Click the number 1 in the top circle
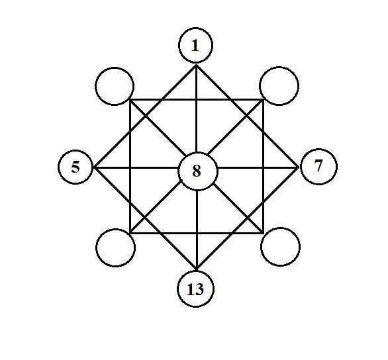pyautogui.click(x=195, y=46)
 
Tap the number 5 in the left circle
pyautogui.click(x=75, y=167)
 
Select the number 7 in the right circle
pyautogui.click(x=318, y=165)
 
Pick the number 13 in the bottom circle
pyautogui.click(x=195, y=289)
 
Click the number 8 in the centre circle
pyautogui.click(x=197, y=171)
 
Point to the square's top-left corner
pyautogui.click(x=130, y=100)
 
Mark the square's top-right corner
pyautogui.click(x=264, y=100)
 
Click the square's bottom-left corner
pyautogui.click(x=130, y=233)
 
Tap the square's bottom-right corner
pyautogui.click(x=264, y=233)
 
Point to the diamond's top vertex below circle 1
pyautogui.click(x=196, y=65)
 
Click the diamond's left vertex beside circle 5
pyautogui.click(x=94, y=168)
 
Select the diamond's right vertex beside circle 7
pyautogui.click(x=298, y=168)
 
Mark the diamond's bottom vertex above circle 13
pyautogui.click(x=197, y=269)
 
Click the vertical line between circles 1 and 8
pyautogui.click(x=197, y=109)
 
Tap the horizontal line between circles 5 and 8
pyautogui.click(x=136, y=168)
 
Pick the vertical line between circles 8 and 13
pyautogui.click(x=197, y=230)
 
